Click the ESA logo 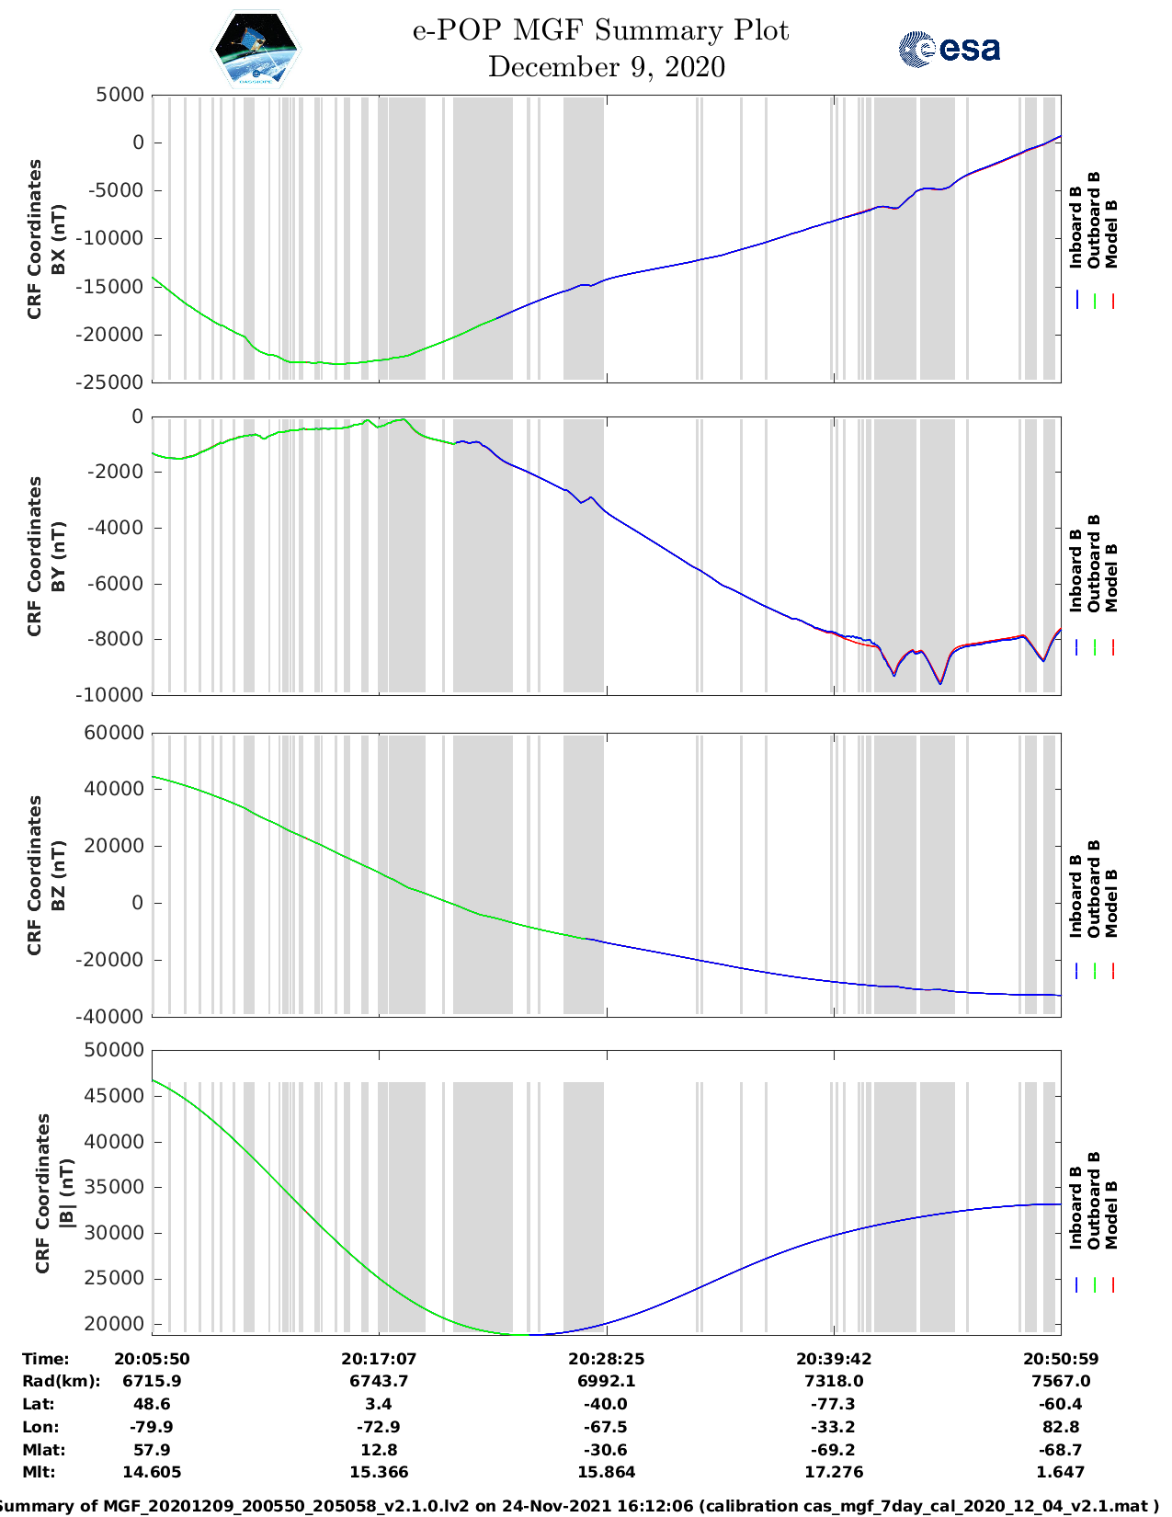click(x=950, y=49)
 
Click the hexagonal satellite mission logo click(x=256, y=49)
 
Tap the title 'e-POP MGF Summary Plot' click(x=600, y=31)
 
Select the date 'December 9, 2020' click(x=607, y=67)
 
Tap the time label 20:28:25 click(x=606, y=1359)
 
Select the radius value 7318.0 click(x=834, y=1381)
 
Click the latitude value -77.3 click(x=834, y=1404)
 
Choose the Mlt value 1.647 click(x=1061, y=1472)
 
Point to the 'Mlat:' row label click(x=42, y=1450)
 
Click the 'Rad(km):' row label click(x=61, y=1381)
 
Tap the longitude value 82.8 click(x=1061, y=1427)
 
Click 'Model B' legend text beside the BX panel click(x=1111, y=234)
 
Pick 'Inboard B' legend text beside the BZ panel click(x=1075, y=896)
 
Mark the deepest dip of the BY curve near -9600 click(x=939, y=683)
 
